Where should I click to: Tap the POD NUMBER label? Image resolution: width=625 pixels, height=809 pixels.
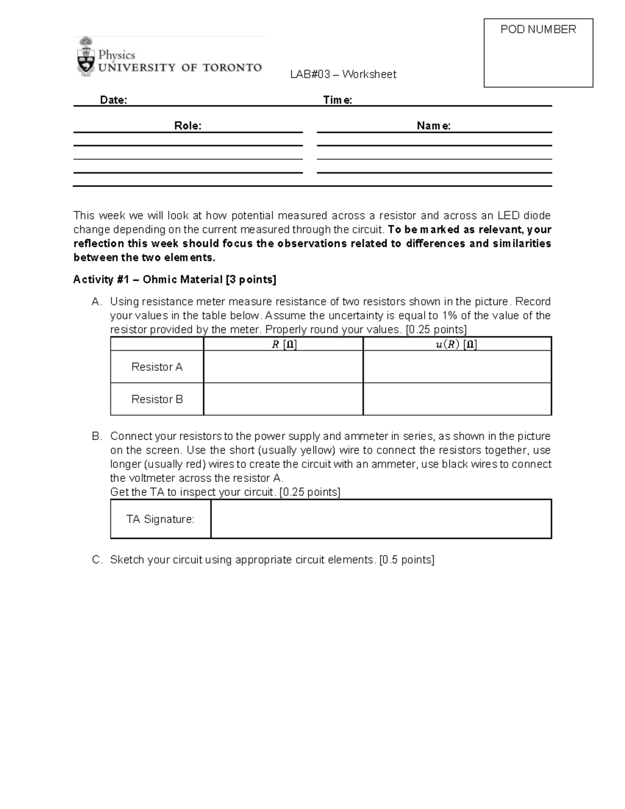point(538,30)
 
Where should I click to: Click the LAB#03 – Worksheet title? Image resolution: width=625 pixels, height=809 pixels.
point(343,74)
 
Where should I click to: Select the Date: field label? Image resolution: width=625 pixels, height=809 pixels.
point(114,100)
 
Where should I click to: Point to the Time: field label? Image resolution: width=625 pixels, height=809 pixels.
point(337,100)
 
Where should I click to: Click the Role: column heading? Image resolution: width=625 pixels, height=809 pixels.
point(187,126)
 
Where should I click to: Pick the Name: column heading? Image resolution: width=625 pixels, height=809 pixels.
point(433,126)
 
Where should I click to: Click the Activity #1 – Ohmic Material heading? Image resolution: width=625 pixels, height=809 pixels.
point(174,280)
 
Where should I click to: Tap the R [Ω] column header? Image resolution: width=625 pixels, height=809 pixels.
point(284,344)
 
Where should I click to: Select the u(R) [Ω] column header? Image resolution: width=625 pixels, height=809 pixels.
point(456,344)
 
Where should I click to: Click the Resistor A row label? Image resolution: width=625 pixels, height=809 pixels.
point(157,367)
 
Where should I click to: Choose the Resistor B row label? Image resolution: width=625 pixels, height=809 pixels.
point(157,400)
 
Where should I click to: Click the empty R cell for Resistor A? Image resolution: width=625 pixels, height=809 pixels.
point(283,367)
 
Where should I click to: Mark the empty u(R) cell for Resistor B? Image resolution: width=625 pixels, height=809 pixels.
point(457,400)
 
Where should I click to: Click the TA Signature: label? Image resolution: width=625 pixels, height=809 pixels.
point(160,519)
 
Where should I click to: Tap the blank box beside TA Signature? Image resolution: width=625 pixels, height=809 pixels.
point(381,519)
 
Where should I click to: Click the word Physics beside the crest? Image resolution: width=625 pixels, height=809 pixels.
point(117,55)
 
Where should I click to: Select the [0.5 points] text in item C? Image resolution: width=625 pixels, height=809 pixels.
point(406,560)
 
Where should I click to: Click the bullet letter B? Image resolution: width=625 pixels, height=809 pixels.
point(96,437)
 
